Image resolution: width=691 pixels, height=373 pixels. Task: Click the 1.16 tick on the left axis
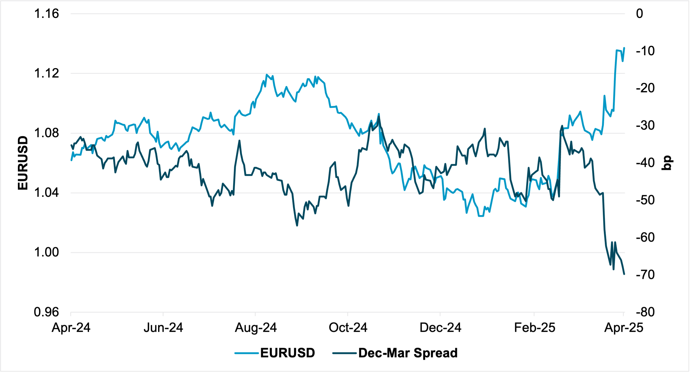(46, 14)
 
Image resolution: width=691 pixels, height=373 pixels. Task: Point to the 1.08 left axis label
(46, 133)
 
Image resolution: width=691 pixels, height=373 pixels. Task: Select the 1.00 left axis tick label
(46, 252)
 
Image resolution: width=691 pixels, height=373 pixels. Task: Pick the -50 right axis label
(645, 200)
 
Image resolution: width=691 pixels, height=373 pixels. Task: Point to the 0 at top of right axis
(640, 14)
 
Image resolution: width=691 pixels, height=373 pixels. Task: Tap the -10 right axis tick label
(645, 51)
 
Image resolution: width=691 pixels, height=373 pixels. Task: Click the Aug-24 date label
(256, 328)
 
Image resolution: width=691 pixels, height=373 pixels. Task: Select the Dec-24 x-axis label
(440, 328)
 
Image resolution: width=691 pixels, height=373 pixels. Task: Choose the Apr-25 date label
(624, 328)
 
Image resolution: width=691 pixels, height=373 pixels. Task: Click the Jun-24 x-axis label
(163, 328)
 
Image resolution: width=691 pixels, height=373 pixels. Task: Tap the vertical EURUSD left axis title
(23, 163)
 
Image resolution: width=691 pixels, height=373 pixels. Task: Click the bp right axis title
(667, 163)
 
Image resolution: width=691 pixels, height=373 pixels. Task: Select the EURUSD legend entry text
(288, 353)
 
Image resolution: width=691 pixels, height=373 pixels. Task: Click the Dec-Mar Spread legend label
(408, 353)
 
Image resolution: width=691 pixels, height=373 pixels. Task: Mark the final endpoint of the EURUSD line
(624, 48)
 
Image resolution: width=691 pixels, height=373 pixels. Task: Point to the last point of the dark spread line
(625, 274)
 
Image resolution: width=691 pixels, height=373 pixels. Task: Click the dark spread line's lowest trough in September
(297, 226)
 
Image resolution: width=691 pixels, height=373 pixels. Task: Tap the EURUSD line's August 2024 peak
(267, 75)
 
